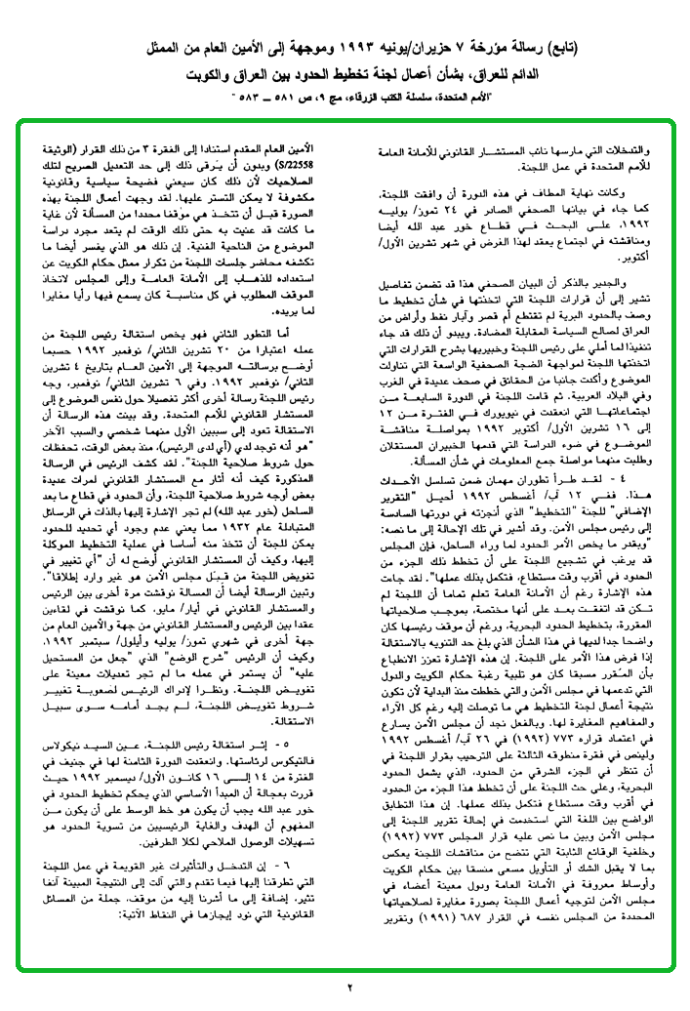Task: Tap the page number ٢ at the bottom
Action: pyautogui.click(x=347, y=987)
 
